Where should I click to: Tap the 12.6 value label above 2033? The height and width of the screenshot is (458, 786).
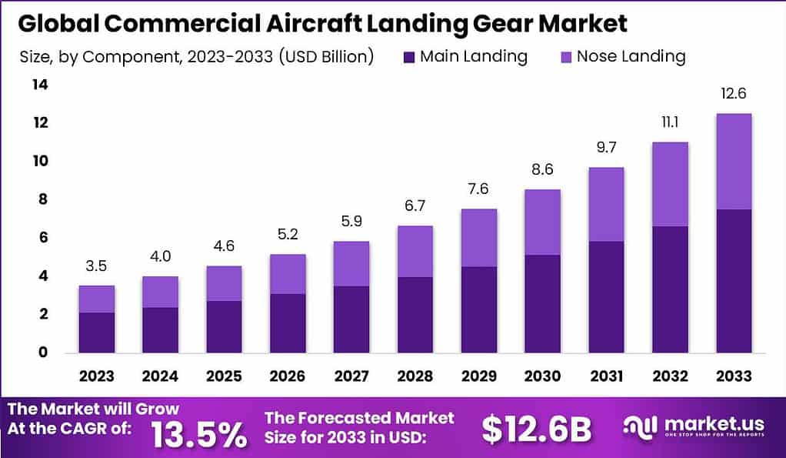click(x=733, y=94)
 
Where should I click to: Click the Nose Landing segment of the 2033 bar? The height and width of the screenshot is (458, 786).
click(x=733, y=162)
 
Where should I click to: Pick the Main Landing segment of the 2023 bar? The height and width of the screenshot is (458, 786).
click(x=97, y=333)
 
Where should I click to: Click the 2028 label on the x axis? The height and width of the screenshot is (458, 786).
click(x=415, y=376)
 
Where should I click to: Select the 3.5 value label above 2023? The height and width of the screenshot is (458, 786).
click(x=97, y=267)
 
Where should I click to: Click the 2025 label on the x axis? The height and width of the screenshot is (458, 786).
click(x=224, y=376)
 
